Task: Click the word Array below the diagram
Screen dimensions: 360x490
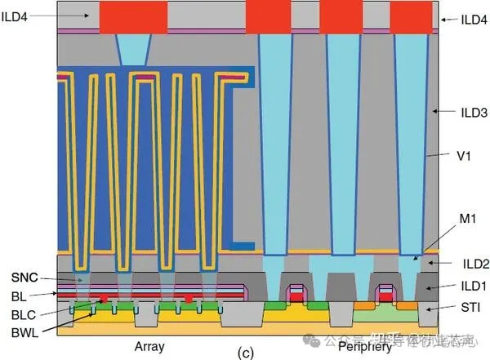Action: [x=149, y=346]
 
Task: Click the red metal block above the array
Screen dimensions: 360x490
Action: [x=131, y=18]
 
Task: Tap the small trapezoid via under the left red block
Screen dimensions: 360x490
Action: [x=133, y=50]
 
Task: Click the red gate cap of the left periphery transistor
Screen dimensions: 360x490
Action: [x=297, y=298]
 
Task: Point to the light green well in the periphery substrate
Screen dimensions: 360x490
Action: [x=392, y=313]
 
